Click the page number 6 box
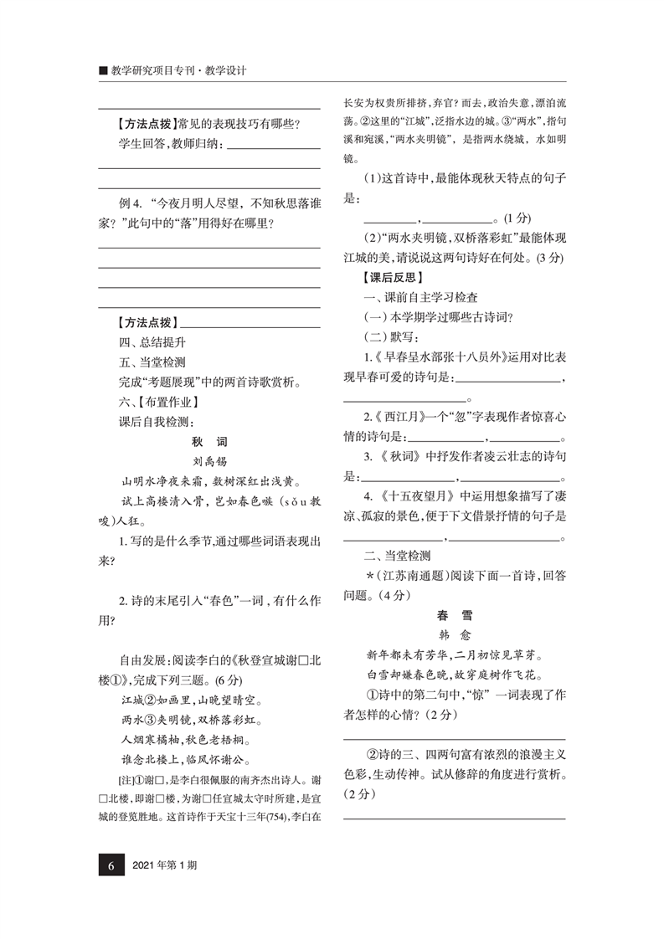(111, 865)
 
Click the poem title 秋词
(209, 442)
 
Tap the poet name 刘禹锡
(209, 461)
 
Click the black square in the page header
(102, 71)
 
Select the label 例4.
(133, 203)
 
